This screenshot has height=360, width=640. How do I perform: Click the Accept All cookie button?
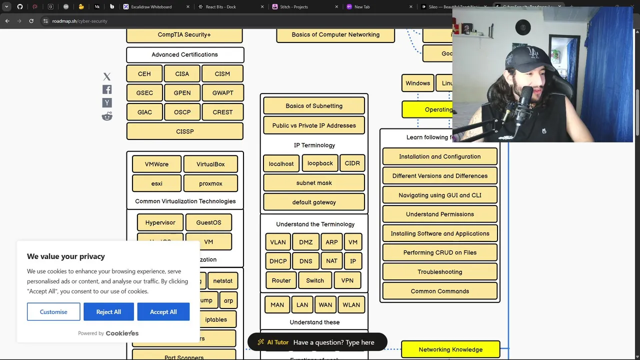point(163,311)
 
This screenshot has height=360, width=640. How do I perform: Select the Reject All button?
point(108,311)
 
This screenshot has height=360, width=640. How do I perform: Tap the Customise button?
point(53,311)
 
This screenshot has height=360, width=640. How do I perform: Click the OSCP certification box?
point(182,112)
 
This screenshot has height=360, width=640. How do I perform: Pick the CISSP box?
point(184,131)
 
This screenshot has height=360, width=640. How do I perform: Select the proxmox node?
point(210,183)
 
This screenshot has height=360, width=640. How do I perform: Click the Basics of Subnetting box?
point(314,106)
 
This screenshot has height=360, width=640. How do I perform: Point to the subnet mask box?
point(314,183)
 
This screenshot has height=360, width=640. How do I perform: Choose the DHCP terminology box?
point(278,261)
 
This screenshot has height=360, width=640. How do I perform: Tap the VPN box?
point(347,280)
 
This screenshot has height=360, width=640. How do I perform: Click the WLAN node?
point(351,304)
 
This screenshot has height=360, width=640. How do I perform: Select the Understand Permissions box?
point(440,214)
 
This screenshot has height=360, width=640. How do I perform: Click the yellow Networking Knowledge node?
point(450,349)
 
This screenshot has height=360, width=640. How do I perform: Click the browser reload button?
point(31,21)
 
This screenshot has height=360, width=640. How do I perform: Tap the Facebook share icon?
point(107,89)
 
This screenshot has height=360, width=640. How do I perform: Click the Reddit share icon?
point(107,116)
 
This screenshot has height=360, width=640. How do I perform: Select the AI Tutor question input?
point(334,342)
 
